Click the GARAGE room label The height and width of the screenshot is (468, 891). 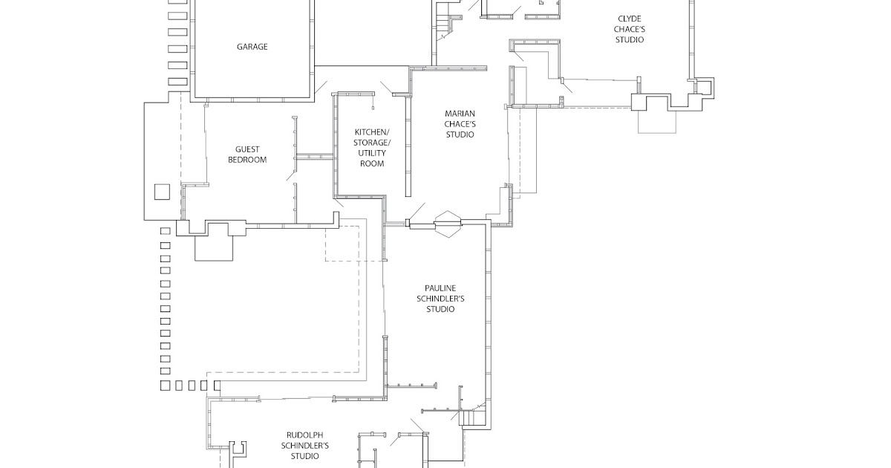tap(252, 47)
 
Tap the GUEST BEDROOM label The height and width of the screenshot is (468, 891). tap(247, 155)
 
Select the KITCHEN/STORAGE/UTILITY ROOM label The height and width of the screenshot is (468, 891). tap(372, 148)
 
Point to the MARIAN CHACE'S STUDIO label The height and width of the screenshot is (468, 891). tap(460, 124)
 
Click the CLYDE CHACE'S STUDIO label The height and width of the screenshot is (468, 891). tap(629, 29)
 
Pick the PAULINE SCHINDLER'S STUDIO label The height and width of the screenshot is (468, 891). tap(440, 299)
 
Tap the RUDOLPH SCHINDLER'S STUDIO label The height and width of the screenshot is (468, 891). tap(306, 446)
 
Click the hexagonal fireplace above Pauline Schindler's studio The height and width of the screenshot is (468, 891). tap(448, 223)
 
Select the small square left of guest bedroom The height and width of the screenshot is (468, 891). tap(162, 192)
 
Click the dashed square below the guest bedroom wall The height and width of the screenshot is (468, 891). tap(343, 244)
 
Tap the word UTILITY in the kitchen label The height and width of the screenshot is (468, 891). tap(372, 153)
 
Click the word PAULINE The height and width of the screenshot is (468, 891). tap(440, 288)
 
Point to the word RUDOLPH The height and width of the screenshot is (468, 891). tap(306, 435)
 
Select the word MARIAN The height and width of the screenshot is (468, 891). tap(460, 114)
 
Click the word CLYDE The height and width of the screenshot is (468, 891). tap(629, 19)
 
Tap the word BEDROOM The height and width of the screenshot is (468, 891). tap(247, 160)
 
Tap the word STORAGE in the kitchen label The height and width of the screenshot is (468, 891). tap(372, 143)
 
